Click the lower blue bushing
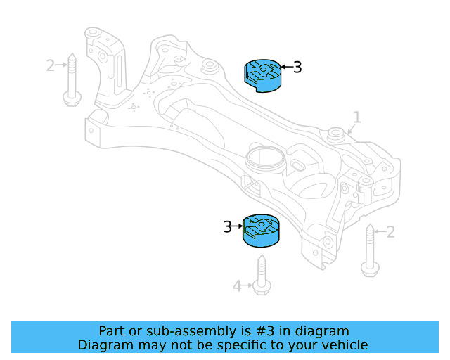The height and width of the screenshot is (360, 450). (260, 229)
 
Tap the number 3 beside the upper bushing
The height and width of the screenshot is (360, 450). (297, 67)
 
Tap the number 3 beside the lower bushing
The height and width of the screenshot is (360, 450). (227, 227)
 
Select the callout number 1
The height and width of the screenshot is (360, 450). (356, 117)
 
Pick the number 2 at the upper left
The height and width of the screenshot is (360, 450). (50, 65)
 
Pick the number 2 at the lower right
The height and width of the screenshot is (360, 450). (391, 231)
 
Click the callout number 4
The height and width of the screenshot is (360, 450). (237, 285)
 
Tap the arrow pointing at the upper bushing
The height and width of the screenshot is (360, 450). (285, 67)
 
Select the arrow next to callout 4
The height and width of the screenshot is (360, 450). (247, 285)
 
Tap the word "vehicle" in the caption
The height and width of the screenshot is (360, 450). (344, 345)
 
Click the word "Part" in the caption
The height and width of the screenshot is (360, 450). (112, 330)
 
